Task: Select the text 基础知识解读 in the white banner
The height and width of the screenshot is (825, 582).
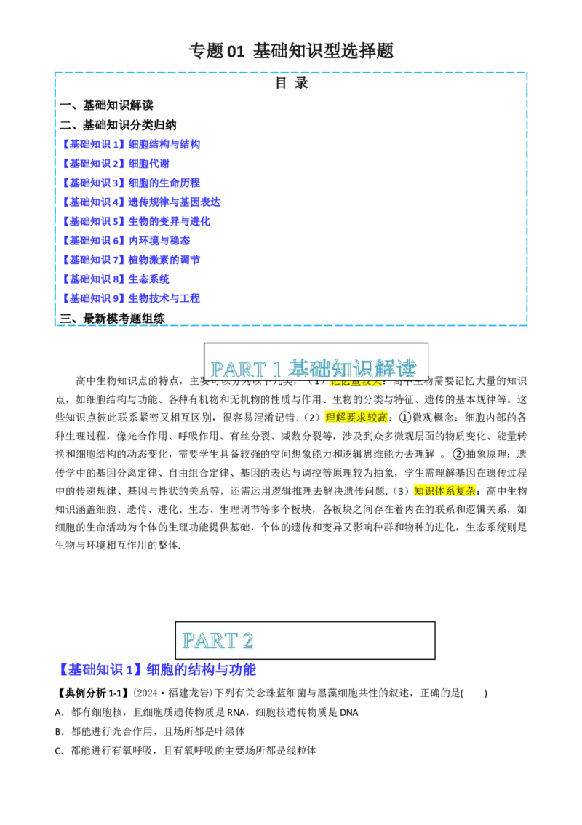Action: point(352,368)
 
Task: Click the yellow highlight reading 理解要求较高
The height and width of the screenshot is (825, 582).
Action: point(355,417)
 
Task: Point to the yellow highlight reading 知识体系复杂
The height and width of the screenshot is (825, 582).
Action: point(445,491)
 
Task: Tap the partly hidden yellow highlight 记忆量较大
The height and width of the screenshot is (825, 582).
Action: point(356,383)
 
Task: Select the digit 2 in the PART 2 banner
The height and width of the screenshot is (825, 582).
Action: point(247,641)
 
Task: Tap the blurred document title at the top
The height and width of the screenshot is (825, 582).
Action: point(291,52)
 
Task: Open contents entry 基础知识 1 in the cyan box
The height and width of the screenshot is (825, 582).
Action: point(132,144)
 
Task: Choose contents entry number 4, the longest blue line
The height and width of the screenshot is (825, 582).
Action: point(142,202)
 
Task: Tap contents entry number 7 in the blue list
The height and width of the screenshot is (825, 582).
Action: point(133,260)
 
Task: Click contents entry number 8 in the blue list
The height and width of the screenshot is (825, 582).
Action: point(118,279)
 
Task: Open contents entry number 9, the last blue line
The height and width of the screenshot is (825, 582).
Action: point(133,298)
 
